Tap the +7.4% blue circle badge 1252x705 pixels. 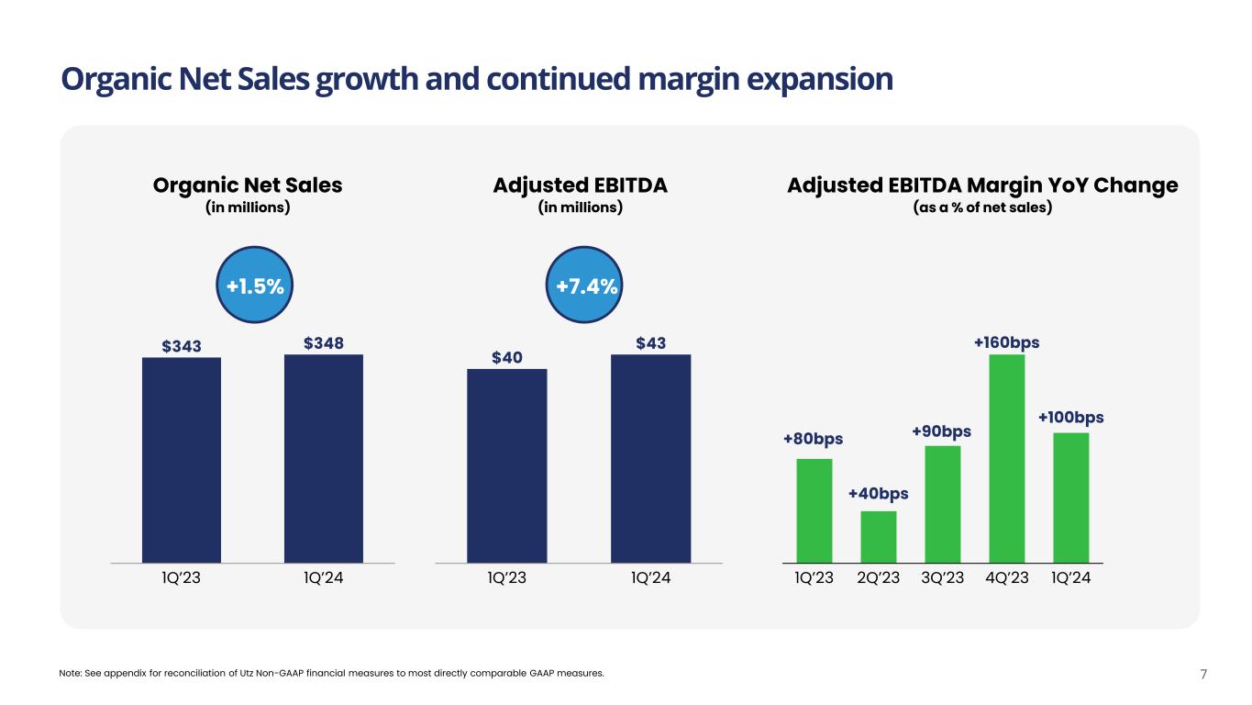pos(587,287)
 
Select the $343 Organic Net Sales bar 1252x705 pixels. pos(182,459)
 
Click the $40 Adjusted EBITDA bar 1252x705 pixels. pos(506,464)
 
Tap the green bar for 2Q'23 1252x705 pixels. pos(879,536)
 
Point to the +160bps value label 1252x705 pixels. pos(1006,342)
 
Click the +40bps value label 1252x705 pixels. pos(878,494)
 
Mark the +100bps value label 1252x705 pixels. pos(1070,418)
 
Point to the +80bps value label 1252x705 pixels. pos(813,440)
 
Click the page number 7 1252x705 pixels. pos(1203,675)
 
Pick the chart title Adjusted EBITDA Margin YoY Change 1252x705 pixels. pos(982,185)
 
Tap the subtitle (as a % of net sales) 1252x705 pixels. pos(982,207)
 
